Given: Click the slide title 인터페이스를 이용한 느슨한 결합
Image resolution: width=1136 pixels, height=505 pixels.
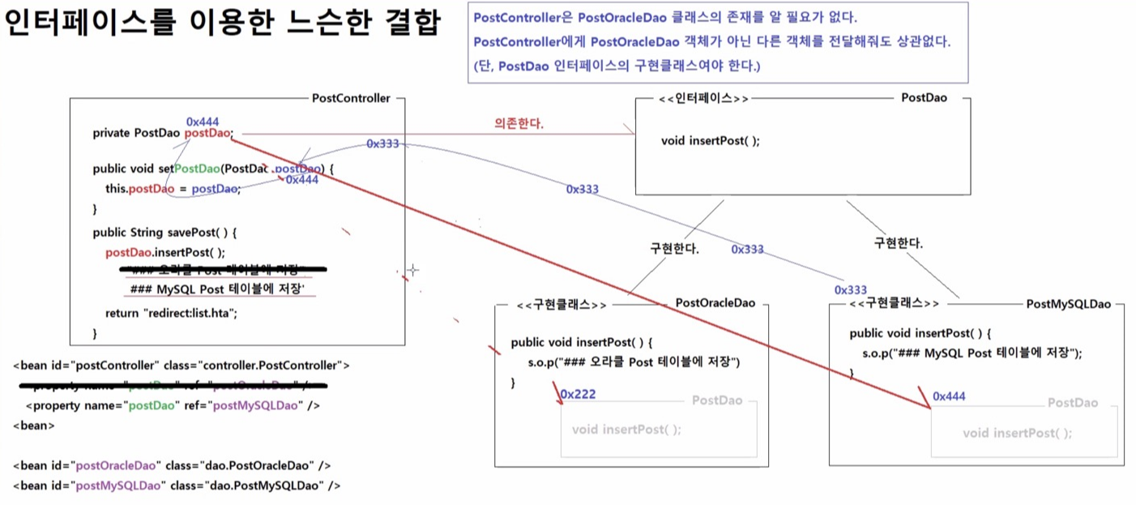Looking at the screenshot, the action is pyautogui.click(x=221, y=23).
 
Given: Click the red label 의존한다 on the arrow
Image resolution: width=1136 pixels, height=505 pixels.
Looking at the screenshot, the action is pyautogui.click(x=519, y=123).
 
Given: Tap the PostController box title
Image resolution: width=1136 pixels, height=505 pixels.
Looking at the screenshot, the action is pyautogui.click(x=351, y=98).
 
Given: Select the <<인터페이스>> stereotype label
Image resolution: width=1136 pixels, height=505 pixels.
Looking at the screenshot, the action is pyautogui.click(x=703, y=98).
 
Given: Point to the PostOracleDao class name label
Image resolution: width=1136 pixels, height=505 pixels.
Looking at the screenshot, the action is pyautogui.click(x=715, y=303).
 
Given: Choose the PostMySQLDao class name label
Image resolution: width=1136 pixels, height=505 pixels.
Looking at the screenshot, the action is pyautogui.click(x=1069, y=304).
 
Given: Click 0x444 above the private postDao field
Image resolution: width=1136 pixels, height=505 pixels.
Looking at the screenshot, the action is pyautogui.click(x=203, y=122).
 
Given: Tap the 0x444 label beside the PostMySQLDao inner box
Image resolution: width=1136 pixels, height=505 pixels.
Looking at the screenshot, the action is pyautogui.click(x=949, y=396).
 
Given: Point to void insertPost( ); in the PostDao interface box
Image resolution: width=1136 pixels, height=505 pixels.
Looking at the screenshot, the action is pyautogui.click(x=711, y=140).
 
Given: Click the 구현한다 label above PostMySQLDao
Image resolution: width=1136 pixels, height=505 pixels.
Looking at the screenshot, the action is pyautogui.click(x=899, y=242).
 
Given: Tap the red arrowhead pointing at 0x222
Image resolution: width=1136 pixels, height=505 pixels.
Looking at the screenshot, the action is pyautogui.click(x=557, y=396).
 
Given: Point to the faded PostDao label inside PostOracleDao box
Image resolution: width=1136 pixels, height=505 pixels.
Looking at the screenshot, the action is pyautogui.click(x=717, y=400).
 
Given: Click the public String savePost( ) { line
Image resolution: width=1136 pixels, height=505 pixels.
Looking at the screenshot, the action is pyautogui.click(x=165, y=233).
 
